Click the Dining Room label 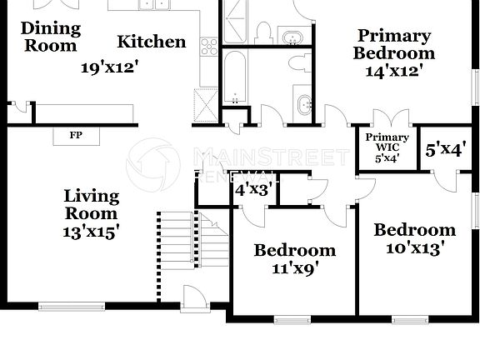pos(50,37)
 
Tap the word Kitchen pos(151,42)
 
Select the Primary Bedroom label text pos(394,44)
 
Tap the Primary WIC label pos(388,142)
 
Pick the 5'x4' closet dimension pos(444,150)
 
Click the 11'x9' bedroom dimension pos(294,268)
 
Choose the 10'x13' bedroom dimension pos(414,247)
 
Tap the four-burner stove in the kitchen pos(209,47)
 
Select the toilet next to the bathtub pos(298,62)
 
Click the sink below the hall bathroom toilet pos(303,103)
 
